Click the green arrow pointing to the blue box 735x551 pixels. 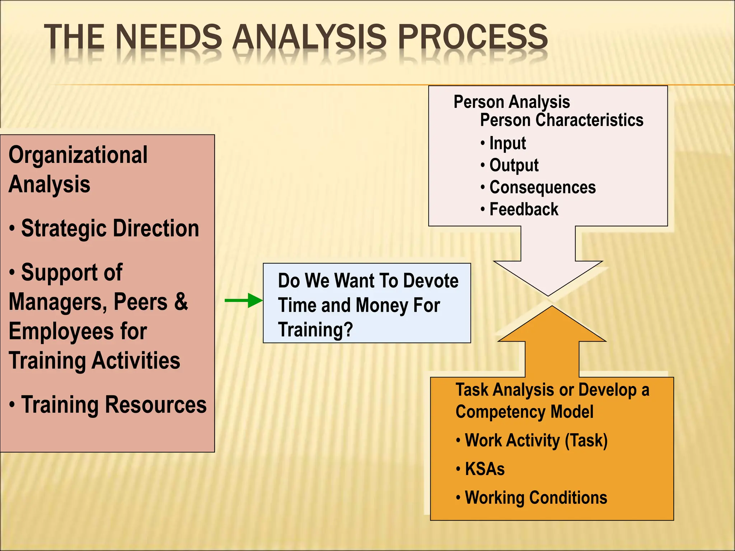(244, 300)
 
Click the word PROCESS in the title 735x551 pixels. (473, 37)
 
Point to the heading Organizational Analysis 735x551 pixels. (78, 169)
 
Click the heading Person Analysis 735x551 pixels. (511, 102)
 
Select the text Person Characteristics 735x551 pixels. (562, 120)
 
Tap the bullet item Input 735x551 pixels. (507, 143)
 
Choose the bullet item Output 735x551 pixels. (514, 165)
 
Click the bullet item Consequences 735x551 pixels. (542, 188)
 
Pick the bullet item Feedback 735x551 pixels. (524, 209)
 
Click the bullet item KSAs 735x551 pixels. (484, 469)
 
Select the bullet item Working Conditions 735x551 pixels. (536, 498)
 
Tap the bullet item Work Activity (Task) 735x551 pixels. (536, 441)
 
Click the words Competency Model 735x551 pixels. (524, 412)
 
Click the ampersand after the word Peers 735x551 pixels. (181, 302)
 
